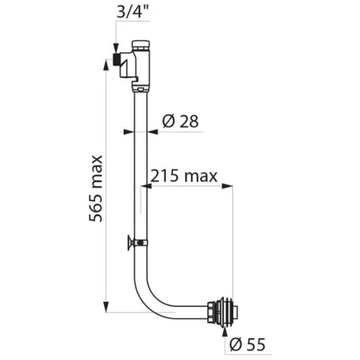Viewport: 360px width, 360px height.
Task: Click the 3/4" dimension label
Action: click(x=133, y=11)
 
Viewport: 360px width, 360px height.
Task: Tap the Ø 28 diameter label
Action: click(x=180, y=121)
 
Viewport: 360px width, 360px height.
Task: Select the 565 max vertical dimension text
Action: click(x=96, y=188)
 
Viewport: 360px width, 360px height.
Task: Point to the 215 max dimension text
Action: click(x=184, y=176)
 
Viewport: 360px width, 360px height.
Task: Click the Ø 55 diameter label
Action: click(x=247, y=345)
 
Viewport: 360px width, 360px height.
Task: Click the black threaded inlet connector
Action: click(x=117, y=59)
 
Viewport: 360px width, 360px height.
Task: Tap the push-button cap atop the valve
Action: click(x=141, y=46)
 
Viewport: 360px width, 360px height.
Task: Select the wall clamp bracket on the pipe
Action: click(x=137, y=243)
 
